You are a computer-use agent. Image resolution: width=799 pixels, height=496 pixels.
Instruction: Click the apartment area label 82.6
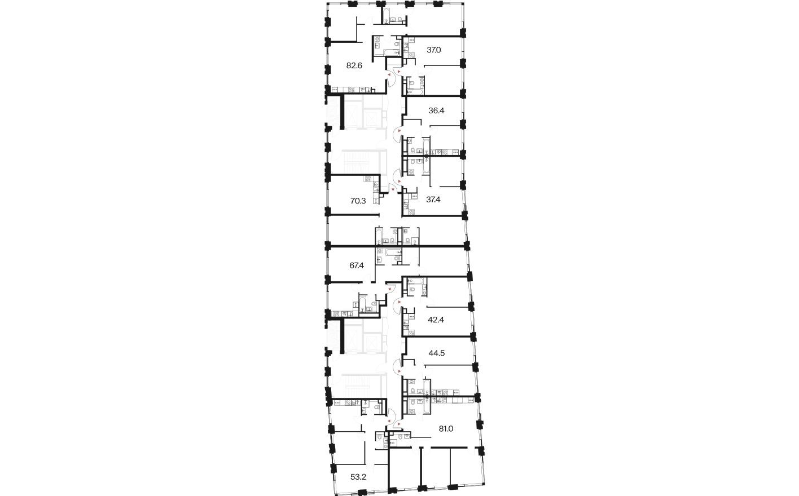coord(354,65)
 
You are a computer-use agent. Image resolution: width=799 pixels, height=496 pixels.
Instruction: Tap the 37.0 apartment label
coord(433,50)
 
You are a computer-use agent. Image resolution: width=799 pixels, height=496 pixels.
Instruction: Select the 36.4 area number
coord(436,111)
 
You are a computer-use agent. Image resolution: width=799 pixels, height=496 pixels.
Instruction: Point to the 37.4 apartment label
coord(433,200)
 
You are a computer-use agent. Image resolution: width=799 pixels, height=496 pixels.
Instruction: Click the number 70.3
coord(358,200)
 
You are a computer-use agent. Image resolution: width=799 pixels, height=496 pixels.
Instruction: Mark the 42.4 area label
coord(436,320)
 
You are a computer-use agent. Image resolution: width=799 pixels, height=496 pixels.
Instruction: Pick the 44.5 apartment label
coord(437,353)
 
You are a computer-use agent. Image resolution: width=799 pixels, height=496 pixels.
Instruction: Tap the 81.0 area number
coord(446,428)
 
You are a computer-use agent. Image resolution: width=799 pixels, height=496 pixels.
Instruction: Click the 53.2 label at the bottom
coord(358,477)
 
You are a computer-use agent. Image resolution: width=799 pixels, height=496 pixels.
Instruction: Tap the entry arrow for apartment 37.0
coord(399,72)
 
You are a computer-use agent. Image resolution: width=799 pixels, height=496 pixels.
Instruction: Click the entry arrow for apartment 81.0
coord(399,423)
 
